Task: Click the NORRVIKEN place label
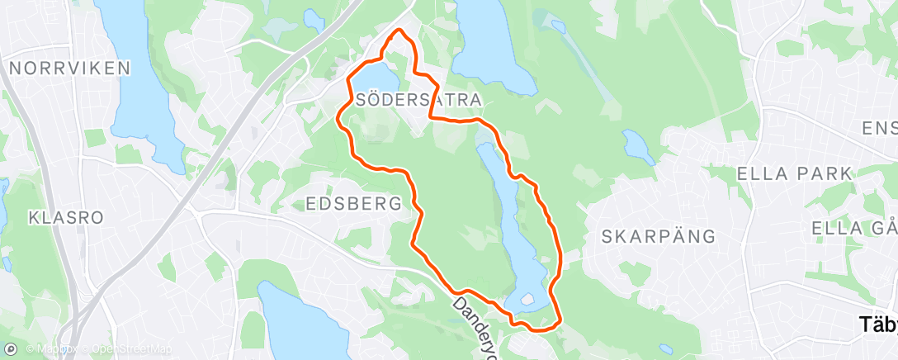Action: [x=69, y=68]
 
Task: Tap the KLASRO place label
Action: [x=65, y=218]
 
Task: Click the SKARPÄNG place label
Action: [x=658, y=236]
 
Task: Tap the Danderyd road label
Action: [x=474, y=325]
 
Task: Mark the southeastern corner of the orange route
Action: [x=561, y=320]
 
